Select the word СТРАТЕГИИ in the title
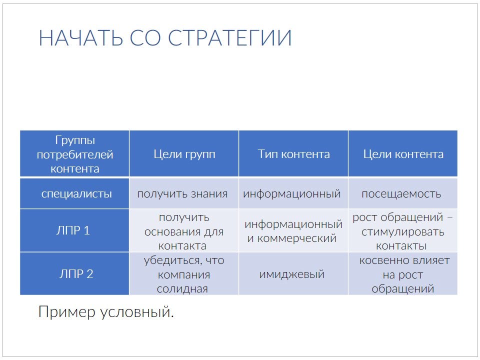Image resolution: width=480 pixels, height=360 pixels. (x=229, y=38)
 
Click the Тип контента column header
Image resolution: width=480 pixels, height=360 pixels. (x=293, y=154)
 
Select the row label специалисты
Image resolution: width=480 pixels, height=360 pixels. (x=76, y=194)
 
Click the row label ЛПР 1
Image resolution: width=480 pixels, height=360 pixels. (x=73, y=230)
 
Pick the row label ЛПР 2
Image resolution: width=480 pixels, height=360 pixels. (x=76, y=274)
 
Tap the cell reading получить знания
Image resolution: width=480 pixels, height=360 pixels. (x=182, y=194)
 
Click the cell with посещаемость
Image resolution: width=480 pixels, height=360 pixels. (x=401, y=194)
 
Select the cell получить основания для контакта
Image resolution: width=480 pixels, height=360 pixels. (x=183, y=231)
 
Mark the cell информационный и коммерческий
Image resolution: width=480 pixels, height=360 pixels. (x=293, y=231)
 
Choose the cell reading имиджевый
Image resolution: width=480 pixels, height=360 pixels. (x=291, y=274)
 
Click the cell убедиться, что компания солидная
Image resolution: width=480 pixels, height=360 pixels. (x=183, y=274)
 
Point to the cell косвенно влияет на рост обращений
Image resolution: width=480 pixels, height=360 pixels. (x=404, y=274)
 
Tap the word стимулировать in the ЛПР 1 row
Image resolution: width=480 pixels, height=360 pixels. (x=402, y=232)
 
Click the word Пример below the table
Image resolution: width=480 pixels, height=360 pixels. (x=66, y=312)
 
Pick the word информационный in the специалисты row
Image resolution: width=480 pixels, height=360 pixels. (x=291, y=194)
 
